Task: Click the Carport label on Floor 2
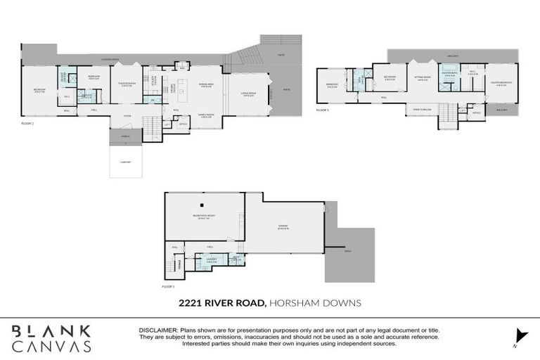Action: (126, 162)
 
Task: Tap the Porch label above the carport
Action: (126, 136)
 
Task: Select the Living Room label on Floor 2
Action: (249, 94)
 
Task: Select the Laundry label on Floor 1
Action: (212, 259)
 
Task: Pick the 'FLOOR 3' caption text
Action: (323, 110)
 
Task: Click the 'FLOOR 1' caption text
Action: (168, 287)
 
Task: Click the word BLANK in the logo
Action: (51, 330)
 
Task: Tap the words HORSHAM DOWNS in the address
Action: (314, 303)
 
